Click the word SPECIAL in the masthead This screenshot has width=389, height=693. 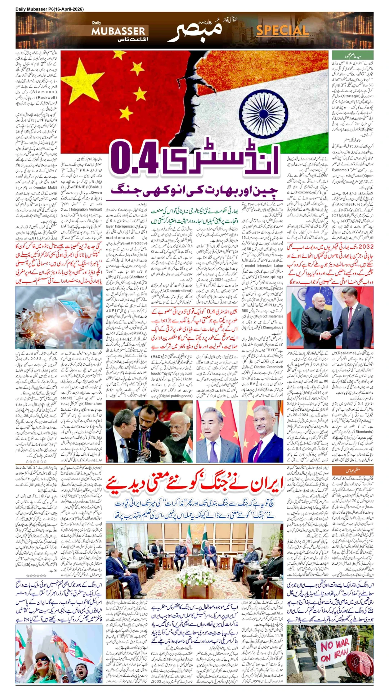coord(282,31)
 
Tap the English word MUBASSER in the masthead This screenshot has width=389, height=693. coord(118,31)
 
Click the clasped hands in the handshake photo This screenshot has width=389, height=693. coord(326,335)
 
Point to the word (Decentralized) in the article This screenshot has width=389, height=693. coord(179,291)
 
